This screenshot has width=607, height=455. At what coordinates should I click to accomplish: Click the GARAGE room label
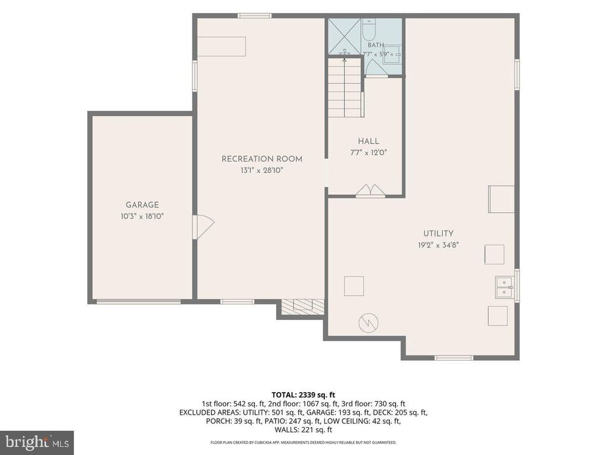click(x=142, y=204)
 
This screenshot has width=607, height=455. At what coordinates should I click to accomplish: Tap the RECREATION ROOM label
click(x=261, y=159)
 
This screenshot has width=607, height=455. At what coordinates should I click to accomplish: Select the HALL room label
click(x=369, y=141)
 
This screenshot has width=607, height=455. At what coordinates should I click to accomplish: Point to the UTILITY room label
click(x=438, y=233)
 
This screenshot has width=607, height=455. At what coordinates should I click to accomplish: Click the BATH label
click(x=375, y=45)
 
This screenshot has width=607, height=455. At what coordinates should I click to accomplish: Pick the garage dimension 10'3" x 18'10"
click(x=142, y=216)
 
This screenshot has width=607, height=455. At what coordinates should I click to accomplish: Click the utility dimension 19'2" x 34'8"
click(x=438, y=245)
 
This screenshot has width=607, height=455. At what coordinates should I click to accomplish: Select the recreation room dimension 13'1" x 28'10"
click(x=261, y=170)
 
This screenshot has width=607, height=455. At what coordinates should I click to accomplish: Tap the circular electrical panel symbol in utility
click(x=369, y=322)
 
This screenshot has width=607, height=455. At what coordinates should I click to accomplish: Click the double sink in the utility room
click(x=504, y=287)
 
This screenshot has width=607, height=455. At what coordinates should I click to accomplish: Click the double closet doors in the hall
click(x=370, y=191)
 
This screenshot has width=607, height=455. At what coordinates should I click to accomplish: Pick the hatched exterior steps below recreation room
click(x=302, y=306)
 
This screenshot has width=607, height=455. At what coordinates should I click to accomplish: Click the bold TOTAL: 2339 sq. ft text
click(x=303, y=395)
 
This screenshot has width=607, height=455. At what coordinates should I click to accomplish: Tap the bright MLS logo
click(x=37, y=442)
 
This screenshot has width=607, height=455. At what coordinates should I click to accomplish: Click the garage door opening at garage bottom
click(x=138, y=302)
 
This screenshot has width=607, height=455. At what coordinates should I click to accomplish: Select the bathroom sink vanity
click(x=393, y=55)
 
